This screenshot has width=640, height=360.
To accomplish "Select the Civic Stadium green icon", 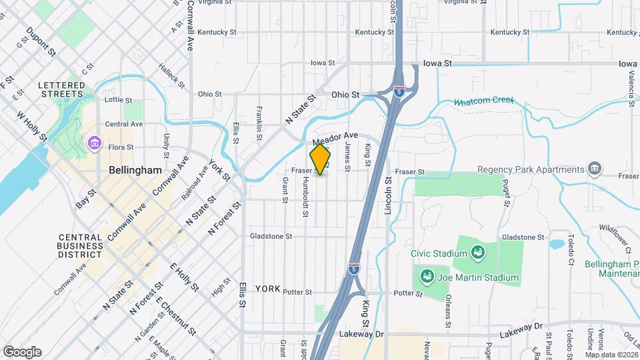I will click(477, 252).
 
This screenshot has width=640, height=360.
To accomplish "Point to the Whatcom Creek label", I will click(484, 101).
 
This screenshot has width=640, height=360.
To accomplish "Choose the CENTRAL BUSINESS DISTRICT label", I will click(80, 246).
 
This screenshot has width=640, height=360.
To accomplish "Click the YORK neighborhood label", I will click(268, 288).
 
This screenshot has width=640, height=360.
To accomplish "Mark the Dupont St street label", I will click(40, 41).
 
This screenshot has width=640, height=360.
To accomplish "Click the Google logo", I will click(22, 352).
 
